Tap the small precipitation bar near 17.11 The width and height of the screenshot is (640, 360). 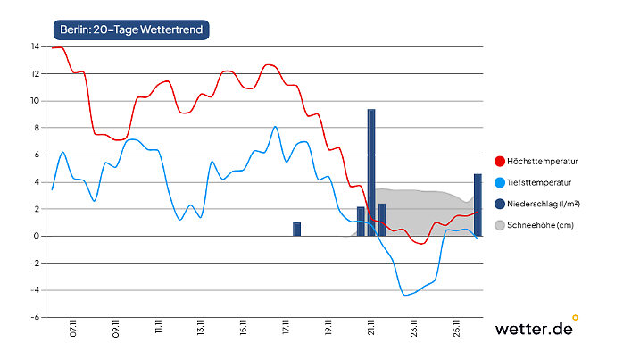297,230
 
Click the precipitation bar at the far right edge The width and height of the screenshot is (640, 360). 478,205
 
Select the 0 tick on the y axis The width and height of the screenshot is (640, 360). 36,236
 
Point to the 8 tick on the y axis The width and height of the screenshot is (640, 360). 36,128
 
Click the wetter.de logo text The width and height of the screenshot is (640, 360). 533,329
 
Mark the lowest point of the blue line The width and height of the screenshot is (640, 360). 406,295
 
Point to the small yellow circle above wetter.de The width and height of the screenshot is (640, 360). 575,316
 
